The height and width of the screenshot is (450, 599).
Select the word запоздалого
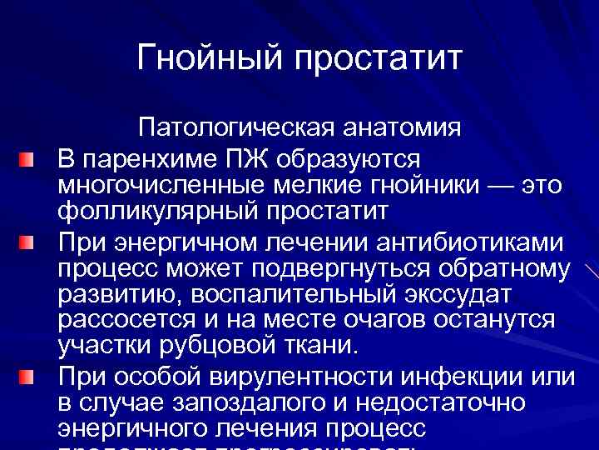coord(235,403)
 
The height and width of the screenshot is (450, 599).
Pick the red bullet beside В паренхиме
coord(29,158)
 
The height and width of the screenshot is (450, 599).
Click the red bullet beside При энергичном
coord(29,243)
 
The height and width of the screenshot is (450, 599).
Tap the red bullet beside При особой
coord(29,377)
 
